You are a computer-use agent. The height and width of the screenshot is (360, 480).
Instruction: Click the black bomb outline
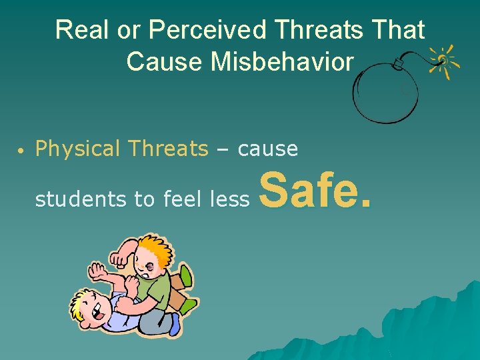(384, 93)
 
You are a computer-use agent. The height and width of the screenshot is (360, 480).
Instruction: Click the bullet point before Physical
(22, 150)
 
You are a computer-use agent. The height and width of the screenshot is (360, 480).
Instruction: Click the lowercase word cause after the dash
(267, 149)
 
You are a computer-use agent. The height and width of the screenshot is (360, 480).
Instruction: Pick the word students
(70, 199)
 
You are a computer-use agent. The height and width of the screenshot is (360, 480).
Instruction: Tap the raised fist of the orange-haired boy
(121, 256)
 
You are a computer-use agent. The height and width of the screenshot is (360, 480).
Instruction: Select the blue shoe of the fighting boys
(175, 323)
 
